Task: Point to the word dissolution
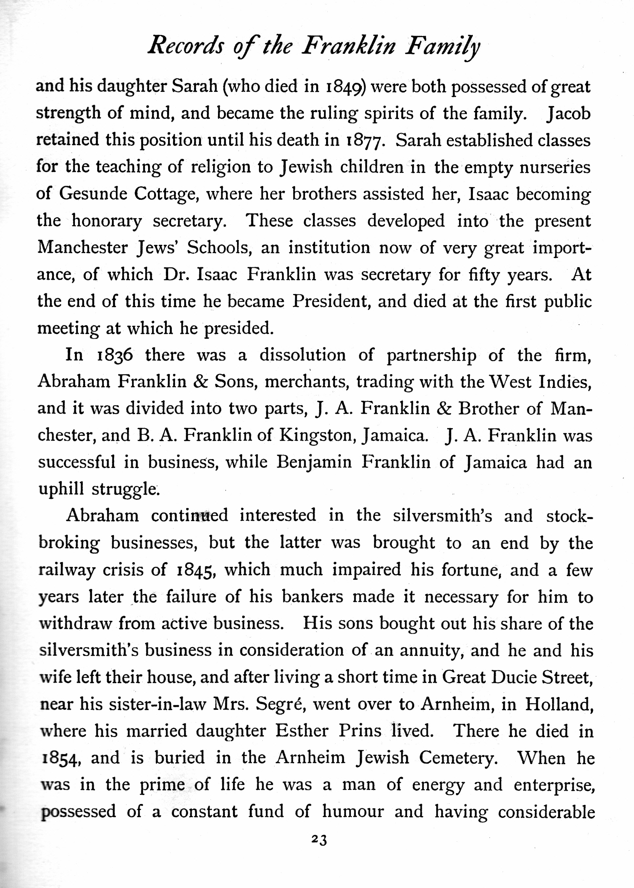(303, 355)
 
